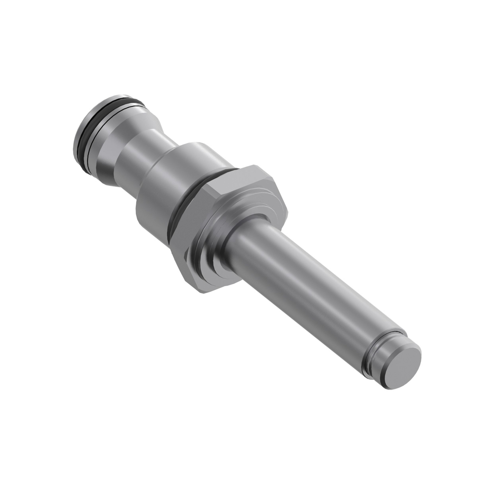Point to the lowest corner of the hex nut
[203, 293]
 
